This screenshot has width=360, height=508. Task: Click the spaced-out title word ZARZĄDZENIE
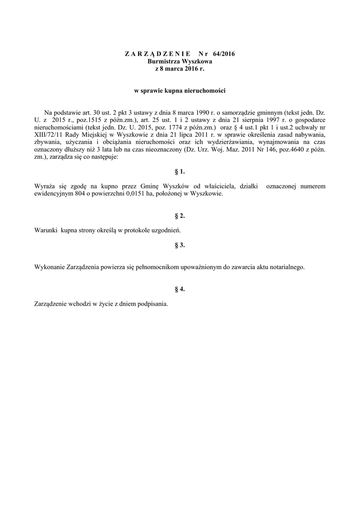point(152,53)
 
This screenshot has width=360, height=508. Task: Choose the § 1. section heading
point(180,172)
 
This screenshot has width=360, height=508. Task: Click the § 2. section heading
point(180,216)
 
